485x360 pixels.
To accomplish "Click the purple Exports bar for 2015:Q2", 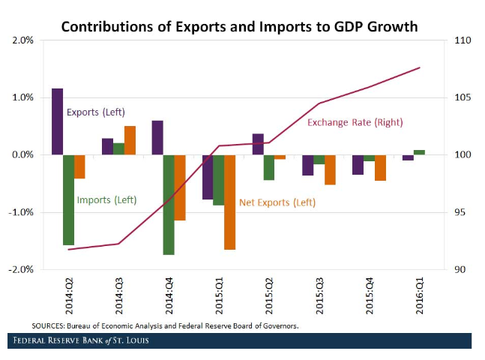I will pyautogui.click(x=258, y=144).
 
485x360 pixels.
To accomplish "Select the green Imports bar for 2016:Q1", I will pyautogui.click(x=419, y=152).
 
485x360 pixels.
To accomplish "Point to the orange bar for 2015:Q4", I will pyautogui.click(x=380, y=167).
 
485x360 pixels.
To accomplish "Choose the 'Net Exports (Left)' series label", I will pyautogui.click(x=277, y=202).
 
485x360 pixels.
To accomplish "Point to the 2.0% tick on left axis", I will pyautogui.click(x=22, y=40).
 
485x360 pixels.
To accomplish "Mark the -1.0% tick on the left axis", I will pyautogui.click(x=21, y=212).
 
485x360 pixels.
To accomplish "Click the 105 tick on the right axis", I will pyautogui.click(x=463, y=97).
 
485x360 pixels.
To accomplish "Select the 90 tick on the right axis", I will pyautogui.click(x=460, y=269).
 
